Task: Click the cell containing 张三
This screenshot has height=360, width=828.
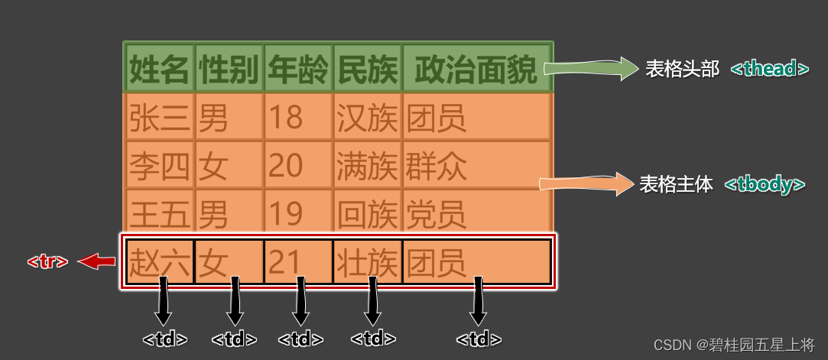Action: [160, 118]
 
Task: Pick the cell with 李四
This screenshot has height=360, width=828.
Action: [160, 165]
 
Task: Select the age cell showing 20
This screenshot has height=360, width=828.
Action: [298, 165]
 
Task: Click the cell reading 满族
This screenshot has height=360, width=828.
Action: [367, 165]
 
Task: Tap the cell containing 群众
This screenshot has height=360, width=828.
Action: [476, 165]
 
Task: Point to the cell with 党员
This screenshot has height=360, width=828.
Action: [476, 213]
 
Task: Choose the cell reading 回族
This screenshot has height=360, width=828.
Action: [367, 213]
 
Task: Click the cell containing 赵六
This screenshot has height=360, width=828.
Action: [160, 262]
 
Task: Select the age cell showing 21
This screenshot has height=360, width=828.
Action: [298, 262]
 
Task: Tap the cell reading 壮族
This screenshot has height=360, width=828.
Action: [367, 262]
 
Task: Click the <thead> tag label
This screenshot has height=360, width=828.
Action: [769, 69]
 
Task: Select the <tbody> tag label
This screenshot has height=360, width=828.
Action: [765, 185]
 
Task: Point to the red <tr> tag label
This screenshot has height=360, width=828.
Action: [47, 262]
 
